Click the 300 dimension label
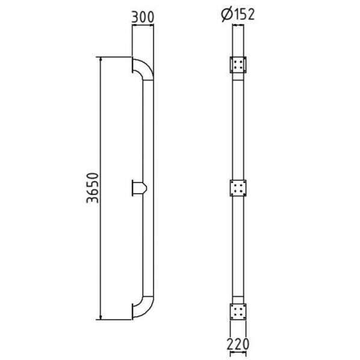pos(143,17)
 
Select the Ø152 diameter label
pos(238,14)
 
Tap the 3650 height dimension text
pos(93,188)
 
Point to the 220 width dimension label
pos(238,344)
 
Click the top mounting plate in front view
pos(238,65)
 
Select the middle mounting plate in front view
pos(238,188)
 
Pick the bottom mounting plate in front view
pos(238,311)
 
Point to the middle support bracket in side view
pos(139,188)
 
